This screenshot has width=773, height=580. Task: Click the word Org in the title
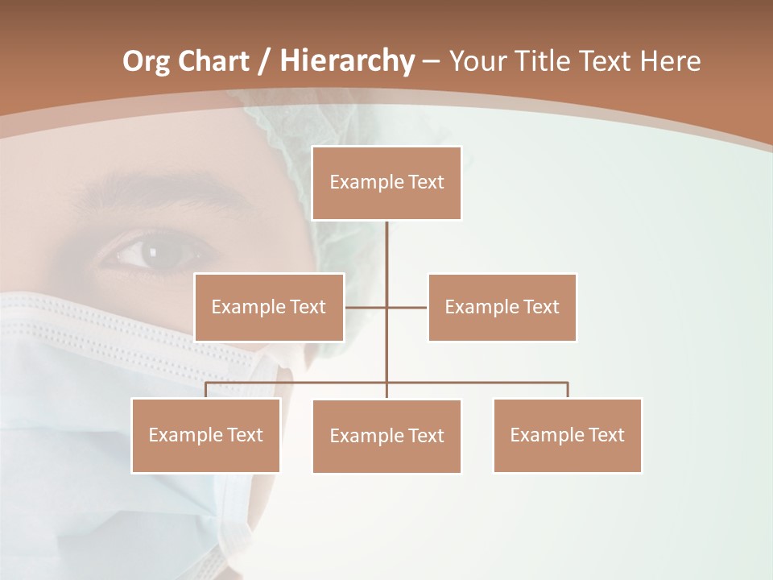tap(146, 61)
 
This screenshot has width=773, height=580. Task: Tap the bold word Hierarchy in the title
tap(346, 61)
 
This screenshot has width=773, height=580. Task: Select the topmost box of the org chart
tap(386, 183)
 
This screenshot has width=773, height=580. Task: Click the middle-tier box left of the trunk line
tap(269, 307)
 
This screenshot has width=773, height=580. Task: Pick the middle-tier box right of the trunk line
tap(502, 307)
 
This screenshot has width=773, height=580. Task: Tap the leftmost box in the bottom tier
tap(206, 435)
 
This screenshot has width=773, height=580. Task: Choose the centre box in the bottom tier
tap(386, 436)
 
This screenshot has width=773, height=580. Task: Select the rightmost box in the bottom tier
tap(567, 435)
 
